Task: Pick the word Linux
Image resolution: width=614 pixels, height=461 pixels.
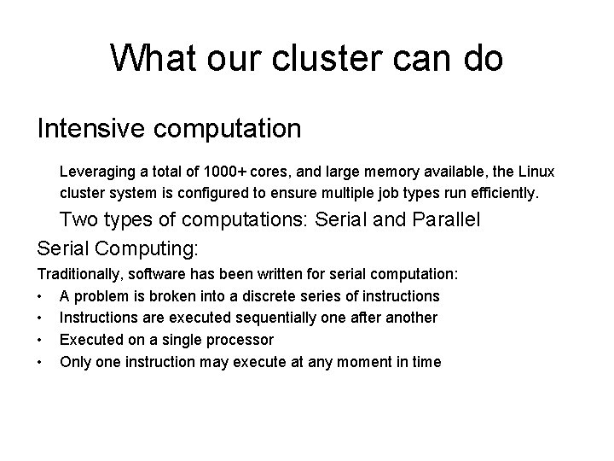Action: (537, 172)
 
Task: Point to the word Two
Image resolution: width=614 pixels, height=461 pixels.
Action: (79, 219)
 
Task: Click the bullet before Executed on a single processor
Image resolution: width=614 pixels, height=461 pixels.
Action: (41, 340)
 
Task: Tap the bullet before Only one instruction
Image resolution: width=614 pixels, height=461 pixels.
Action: (41, 362)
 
